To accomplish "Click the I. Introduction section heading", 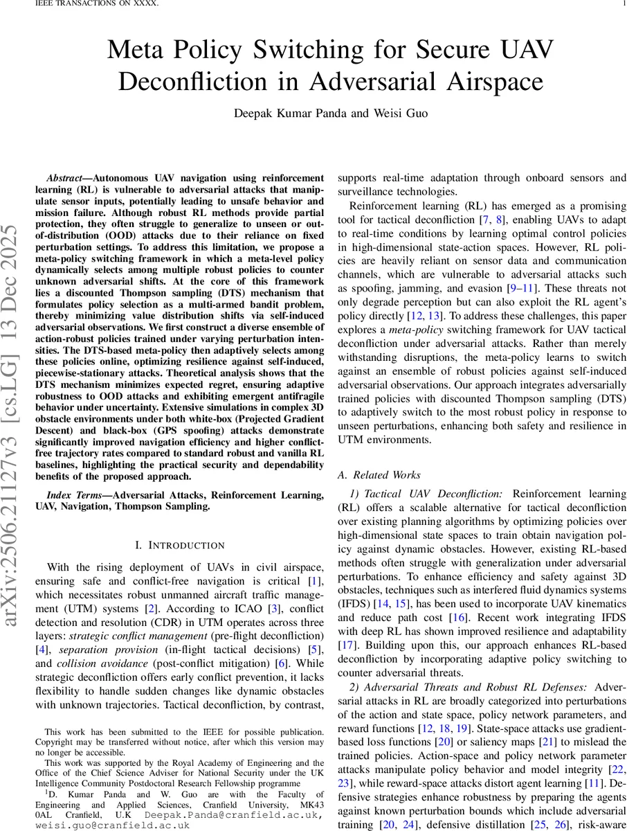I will coord(179,546).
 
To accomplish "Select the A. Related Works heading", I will coord(379,475).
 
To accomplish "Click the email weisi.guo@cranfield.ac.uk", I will coord(113,825).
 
